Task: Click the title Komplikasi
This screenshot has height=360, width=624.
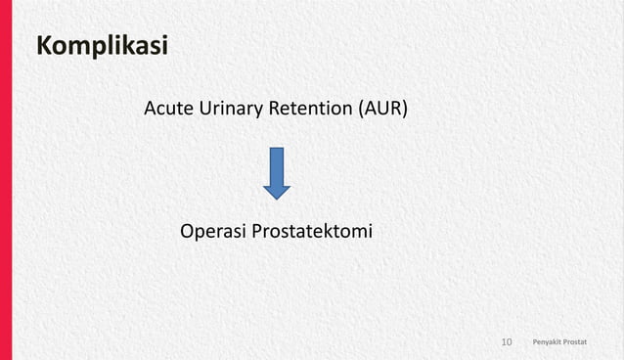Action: (102, 46)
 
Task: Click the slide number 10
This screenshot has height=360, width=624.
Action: (507, 342)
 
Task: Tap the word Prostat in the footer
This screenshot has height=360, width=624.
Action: (588, 342)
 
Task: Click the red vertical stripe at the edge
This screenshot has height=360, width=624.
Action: (6, 180)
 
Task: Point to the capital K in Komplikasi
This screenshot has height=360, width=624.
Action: (45, 46)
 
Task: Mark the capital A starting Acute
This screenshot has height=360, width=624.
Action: (151, 109)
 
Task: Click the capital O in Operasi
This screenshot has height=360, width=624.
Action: (189, 232)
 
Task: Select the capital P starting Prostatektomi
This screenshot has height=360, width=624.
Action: (258, 232)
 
